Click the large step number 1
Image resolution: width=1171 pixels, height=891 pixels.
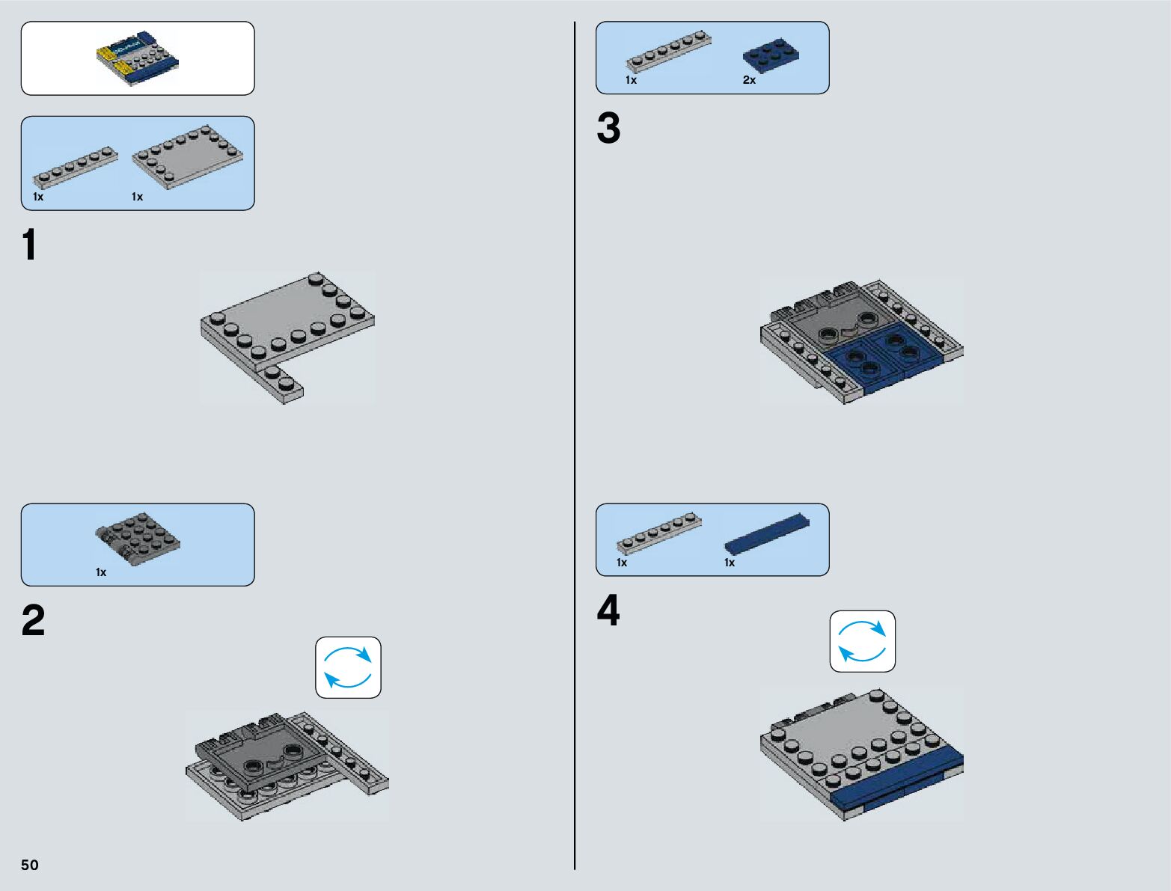(x=30, y=244)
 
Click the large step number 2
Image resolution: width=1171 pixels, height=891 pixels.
(x=33, y=620)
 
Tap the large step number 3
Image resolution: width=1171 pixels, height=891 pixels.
(x=609, y=128)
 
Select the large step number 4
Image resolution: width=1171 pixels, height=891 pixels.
(x=609, y=610)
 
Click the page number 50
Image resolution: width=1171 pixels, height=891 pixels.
(x=30, y=864)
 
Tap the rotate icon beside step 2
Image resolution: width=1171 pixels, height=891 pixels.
(x=348, y=667)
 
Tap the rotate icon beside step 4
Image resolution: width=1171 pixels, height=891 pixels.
(x=862, y=641)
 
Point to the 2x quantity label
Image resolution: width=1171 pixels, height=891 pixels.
(x=749, y=80)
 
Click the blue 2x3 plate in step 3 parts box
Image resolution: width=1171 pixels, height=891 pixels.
(x=771, y=55)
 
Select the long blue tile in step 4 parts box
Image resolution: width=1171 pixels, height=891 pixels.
(x=767, y=533)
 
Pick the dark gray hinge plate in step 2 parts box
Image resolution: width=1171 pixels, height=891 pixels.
(x=138, y=539)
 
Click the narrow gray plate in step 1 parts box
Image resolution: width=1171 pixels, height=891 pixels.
(x=76, y=168)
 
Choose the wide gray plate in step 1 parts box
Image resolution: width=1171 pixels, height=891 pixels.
(x=187, y=157)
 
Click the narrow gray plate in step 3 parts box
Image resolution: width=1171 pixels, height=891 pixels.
(x=668, y=52)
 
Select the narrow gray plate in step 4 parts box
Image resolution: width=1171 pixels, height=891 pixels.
(x=659, y=533)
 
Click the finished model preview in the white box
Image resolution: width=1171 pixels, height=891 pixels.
(x=138, y=58)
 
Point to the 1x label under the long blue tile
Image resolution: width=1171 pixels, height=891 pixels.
(x=730, y=563)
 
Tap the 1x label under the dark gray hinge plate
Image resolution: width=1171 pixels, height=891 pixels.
(x=101, y=572)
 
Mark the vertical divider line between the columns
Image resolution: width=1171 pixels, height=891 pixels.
(x=575, y=446)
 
